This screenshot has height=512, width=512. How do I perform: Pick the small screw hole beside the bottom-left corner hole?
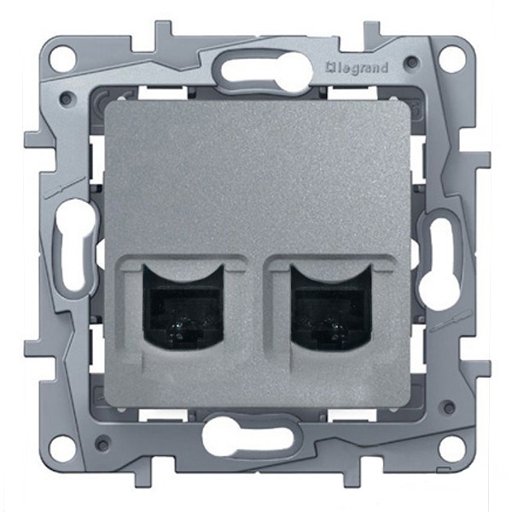(101, 445)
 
